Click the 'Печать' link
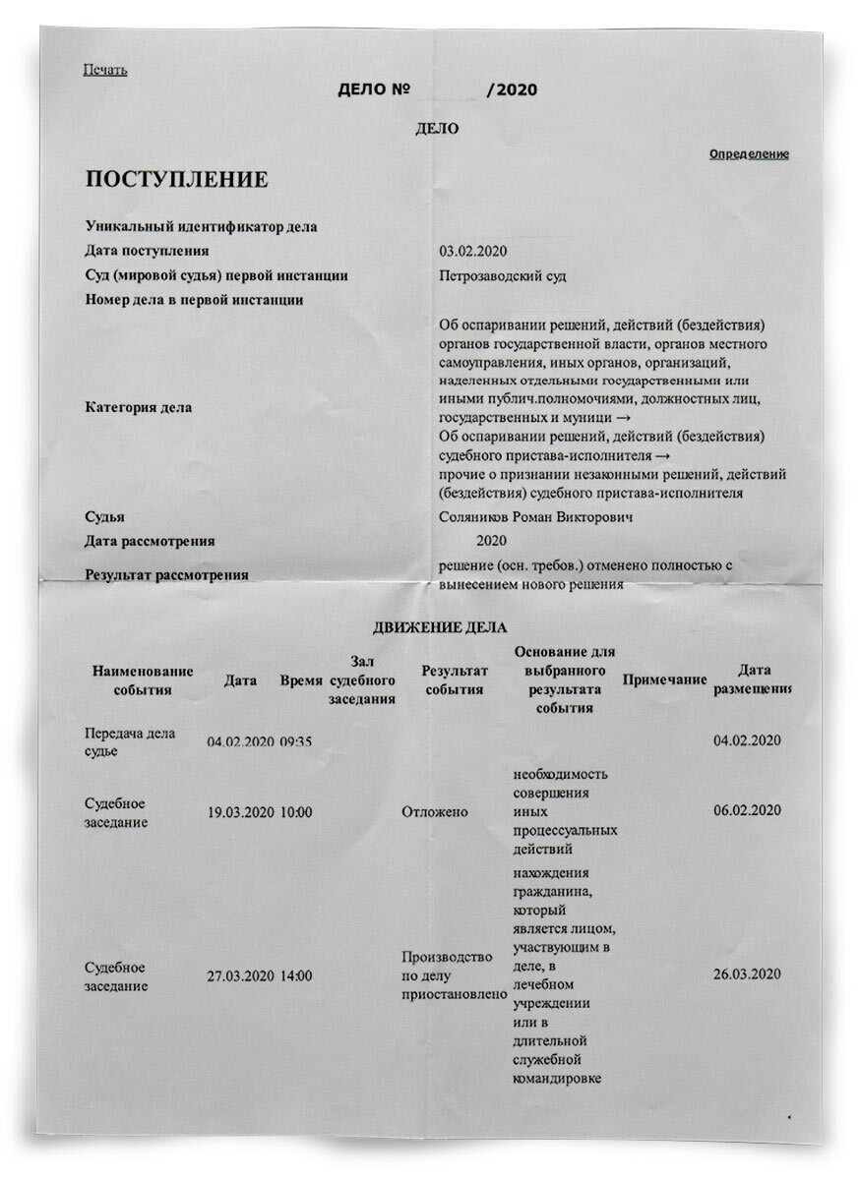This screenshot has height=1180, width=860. click(x=105, y=69)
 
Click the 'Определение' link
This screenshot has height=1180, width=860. click(x=749, y=154)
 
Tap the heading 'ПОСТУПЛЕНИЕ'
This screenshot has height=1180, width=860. click(x=176, y=180)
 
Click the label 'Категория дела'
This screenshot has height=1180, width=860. click(x=139, y=407)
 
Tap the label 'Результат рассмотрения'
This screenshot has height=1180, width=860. click(x=166, y=574)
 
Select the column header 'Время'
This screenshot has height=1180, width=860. click(x=301, y=680)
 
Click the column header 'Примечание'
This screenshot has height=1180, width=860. click(x=665, y=680)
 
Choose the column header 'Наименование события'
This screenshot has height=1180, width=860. click(x=143, y=680)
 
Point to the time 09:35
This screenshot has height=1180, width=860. click(x=296, y=741)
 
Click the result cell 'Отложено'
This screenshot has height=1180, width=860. click(x=435, y=812)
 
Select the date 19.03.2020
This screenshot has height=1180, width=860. click(x=240, y=812)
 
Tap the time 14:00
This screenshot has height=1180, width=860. click(x=296, y=976)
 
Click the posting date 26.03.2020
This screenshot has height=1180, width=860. click(x=747, y=973)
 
